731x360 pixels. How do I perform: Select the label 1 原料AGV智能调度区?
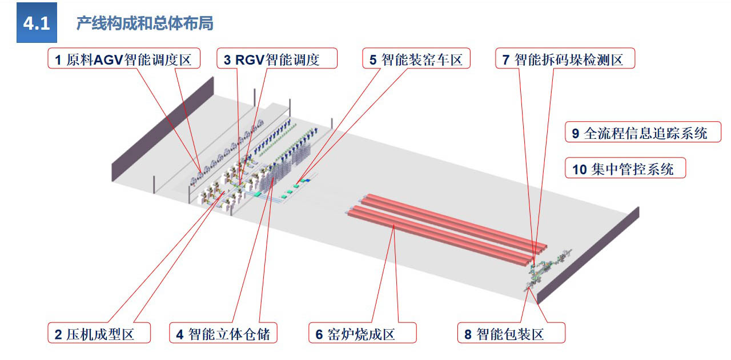123,59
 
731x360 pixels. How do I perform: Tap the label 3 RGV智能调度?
277,59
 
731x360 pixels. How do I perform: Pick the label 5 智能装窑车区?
416,59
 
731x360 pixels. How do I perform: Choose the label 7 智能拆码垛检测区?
565,59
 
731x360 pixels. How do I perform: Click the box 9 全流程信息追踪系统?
643,133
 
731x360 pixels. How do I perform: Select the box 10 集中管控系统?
625,169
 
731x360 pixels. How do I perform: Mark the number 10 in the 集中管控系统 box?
579,169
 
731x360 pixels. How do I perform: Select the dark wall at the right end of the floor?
588,254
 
